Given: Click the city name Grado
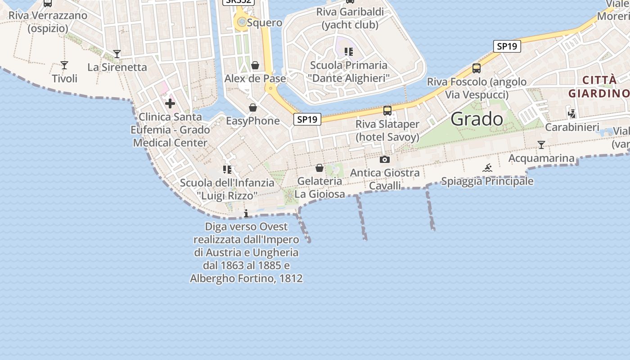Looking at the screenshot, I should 477,119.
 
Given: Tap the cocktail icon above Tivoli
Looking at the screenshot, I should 64,65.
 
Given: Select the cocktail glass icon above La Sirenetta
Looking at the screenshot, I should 117,54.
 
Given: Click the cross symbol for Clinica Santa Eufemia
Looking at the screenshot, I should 170,104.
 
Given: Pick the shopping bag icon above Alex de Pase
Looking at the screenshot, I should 255,66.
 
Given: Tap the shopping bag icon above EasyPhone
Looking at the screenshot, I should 253,108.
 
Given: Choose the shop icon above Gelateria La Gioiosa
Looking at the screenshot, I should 319,168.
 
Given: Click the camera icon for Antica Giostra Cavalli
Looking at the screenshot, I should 385,159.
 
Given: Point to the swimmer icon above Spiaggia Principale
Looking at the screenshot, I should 487,168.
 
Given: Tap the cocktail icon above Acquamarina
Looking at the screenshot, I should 541,145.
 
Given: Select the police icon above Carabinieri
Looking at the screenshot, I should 572,113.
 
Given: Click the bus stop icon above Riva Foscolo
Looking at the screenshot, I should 477,68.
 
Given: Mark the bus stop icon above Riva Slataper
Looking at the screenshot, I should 387,110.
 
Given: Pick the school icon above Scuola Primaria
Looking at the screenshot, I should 349,52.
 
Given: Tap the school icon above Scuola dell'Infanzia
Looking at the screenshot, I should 227,170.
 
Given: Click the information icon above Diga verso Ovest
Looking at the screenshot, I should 246,213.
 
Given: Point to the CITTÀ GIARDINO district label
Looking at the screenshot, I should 598,87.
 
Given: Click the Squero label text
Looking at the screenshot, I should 265,22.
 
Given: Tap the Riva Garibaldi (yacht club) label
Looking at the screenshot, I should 350,18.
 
